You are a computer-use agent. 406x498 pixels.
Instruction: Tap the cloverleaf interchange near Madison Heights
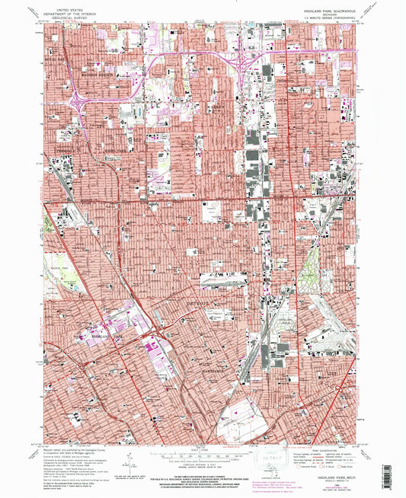[79, 100]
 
